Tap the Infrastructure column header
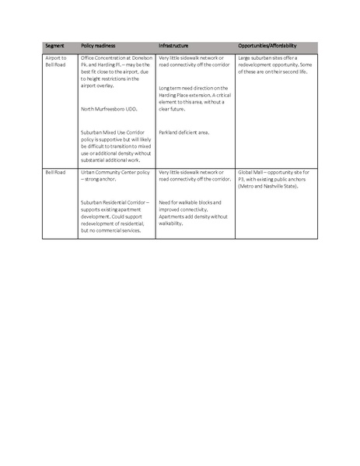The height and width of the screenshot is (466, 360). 175,47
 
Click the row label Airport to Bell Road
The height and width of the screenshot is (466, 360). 56,61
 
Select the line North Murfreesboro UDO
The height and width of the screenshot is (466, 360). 109,109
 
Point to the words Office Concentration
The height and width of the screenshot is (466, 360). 106,58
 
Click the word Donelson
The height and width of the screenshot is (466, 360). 143,58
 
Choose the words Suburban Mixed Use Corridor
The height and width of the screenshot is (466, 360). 116,132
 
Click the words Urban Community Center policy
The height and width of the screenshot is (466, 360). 114,171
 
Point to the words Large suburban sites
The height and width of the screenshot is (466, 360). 264,58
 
